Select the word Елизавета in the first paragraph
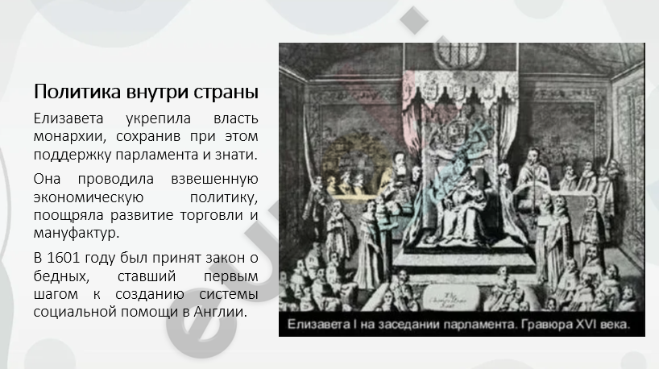point(68,118)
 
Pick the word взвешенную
point(214,179)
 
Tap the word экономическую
point(89,197)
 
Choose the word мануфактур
point(77,234)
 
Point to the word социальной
point(75,313)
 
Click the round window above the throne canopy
point(460,54)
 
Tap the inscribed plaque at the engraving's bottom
point(450,296)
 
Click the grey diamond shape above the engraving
point(414,20)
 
